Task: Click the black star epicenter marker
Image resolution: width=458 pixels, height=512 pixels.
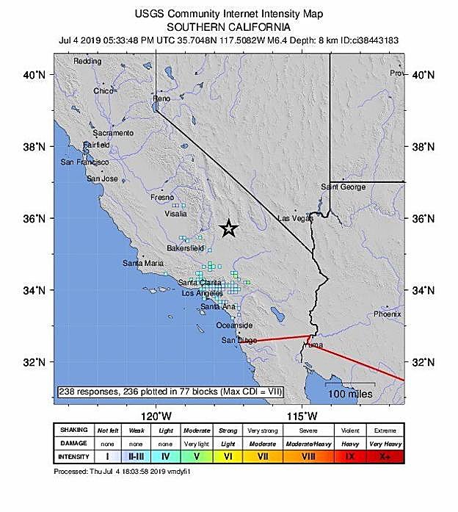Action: pyautogui.click(x=229, y=228)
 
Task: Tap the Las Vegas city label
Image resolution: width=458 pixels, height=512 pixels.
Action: pyautogui.click(x=292, y=218)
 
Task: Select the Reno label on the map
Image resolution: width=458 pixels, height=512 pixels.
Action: pyautogui.click(x=161, y=98)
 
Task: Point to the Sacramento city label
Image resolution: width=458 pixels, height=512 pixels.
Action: pyautogui.click(x=113, y=133)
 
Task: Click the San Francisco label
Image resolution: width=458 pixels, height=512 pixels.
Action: pyautogui.click(x=84, y=162)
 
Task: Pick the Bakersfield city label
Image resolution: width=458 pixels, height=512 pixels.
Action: pyautogui.click(x=185, y=248)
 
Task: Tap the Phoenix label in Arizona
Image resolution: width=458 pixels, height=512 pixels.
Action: pyautogui.click(x=387, y=314)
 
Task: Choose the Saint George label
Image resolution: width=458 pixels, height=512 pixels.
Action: pyautogui.click(x=343, y=187)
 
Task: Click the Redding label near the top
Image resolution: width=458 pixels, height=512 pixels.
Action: pyautogui.click(x=87, y=62)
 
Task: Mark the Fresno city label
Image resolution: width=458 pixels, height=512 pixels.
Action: pyautogui.click(x=161, y=198)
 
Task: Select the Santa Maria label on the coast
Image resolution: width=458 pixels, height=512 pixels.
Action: pyautogui.click(x=143, y=263)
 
